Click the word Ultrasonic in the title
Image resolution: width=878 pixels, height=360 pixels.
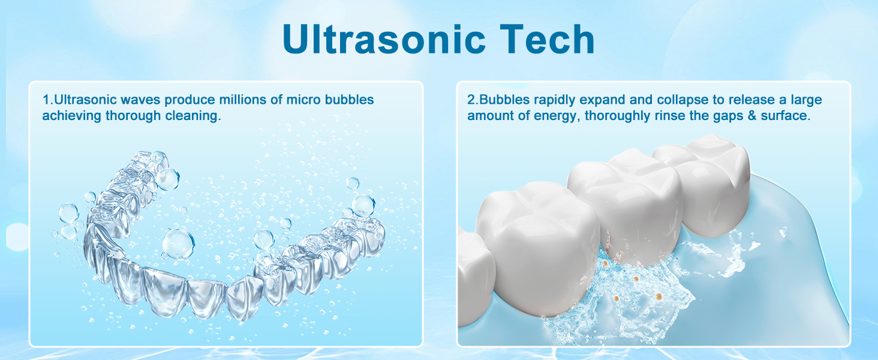384,38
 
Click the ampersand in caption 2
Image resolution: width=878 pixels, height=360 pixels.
752,116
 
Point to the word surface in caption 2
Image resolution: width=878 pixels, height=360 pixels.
785,116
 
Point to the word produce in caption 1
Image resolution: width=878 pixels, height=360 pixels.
190,100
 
